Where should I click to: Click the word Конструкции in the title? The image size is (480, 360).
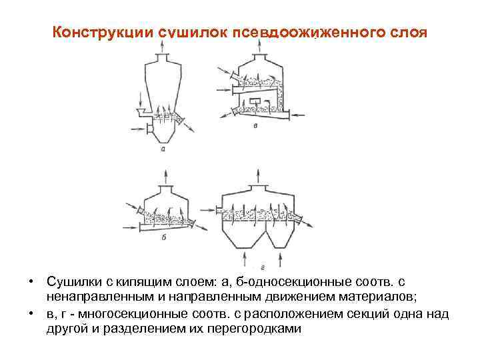(x=103, y=33)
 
